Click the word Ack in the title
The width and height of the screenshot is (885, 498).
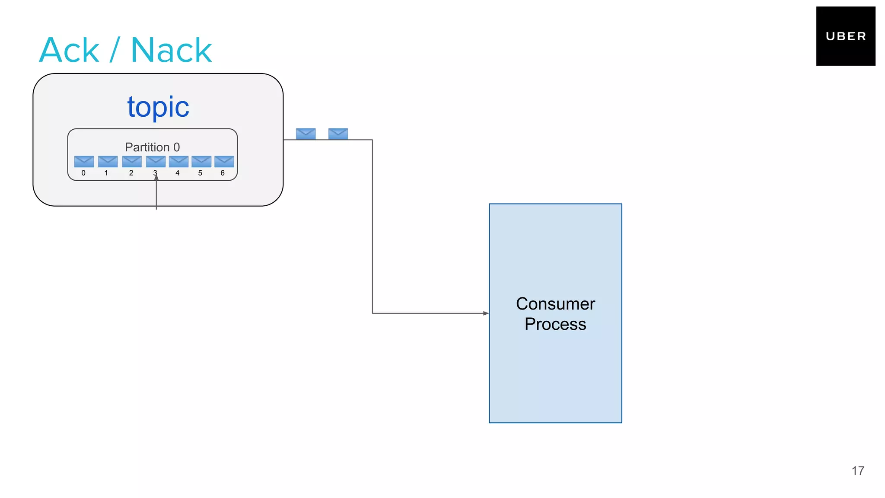69,50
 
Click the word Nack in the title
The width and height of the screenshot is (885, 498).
171,50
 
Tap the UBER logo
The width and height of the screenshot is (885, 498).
845,36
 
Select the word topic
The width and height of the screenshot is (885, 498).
158,107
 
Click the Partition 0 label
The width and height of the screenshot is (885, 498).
152,147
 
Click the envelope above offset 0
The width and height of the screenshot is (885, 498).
84,162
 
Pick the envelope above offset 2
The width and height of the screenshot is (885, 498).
132,162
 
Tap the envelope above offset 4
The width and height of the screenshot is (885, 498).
178,162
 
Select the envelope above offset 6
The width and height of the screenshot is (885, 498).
224,162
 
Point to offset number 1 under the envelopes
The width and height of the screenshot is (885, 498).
106,173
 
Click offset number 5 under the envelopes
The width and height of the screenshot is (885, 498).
200,173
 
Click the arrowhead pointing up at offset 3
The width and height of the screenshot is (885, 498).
156,177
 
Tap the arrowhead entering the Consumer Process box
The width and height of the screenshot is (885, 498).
486,313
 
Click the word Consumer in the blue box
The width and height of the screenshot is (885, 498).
555,304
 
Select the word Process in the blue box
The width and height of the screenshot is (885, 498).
555,324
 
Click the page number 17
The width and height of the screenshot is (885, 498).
858,471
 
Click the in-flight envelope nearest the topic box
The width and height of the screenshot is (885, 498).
306,134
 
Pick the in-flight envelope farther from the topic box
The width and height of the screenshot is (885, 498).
338,134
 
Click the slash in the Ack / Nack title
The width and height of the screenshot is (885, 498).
114,50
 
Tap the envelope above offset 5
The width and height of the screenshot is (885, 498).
201,162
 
